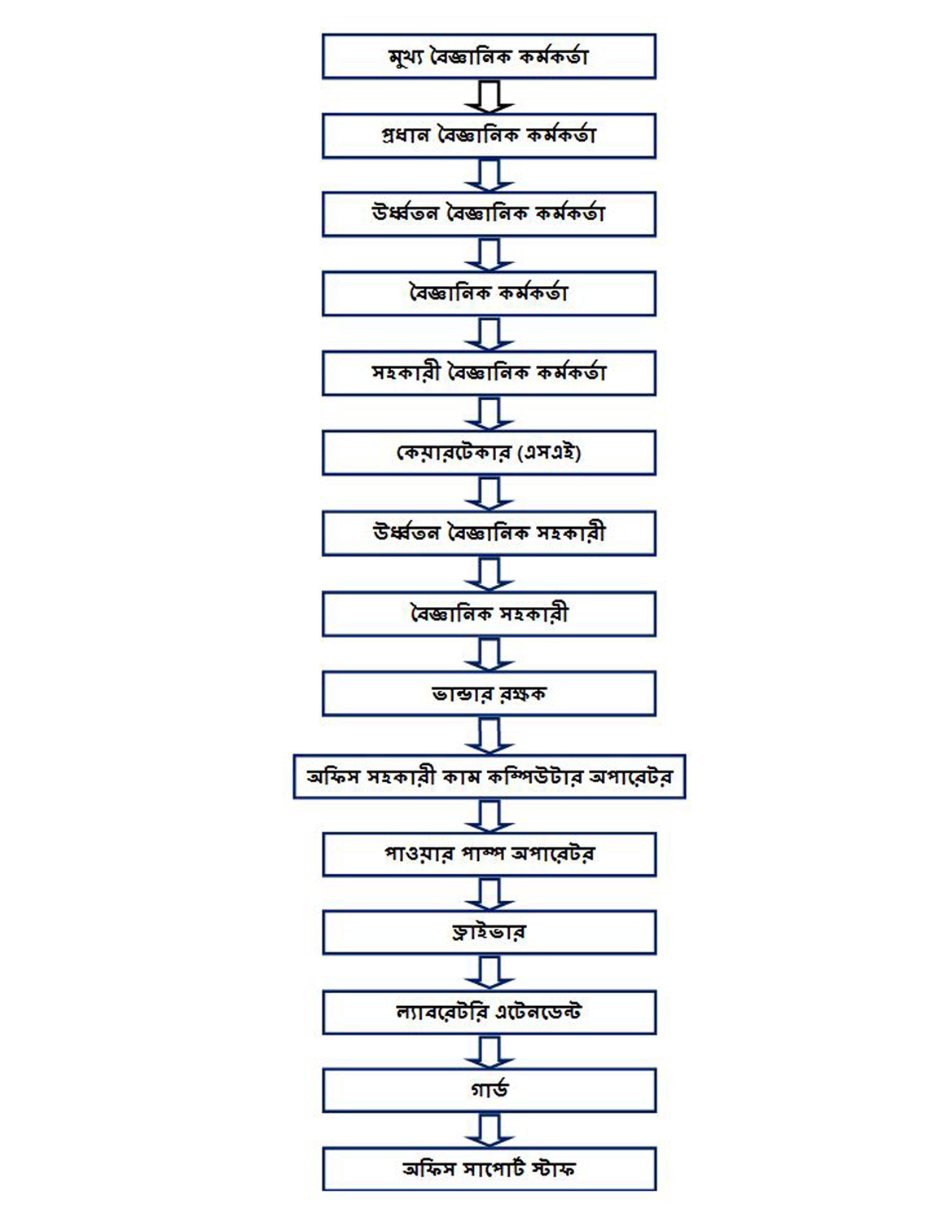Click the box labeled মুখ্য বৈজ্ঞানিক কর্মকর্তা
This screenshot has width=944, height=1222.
click(x=489, y=56)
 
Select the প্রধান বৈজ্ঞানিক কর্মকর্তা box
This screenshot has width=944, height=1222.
click(x=489, y=135)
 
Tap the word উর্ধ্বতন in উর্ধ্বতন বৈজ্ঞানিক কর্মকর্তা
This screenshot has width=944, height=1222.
click(x=405, y=213)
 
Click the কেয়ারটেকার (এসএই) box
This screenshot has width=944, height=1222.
click(x=489, y=453)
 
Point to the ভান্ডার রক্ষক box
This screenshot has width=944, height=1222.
click(x=489, y=693)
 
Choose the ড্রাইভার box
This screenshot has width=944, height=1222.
click(x=490, y=933)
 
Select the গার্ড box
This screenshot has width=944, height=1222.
click(x=490, y=1090)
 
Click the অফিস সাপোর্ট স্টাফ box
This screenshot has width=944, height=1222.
click(x=490, y=1169)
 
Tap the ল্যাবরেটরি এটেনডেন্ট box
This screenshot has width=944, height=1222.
click(x=490, y=1013)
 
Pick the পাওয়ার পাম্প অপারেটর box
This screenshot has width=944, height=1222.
click(x=490, y=854)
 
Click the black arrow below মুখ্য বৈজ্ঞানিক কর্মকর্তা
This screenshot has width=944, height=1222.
click(x=490, y=97)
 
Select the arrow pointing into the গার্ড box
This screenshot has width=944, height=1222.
click(x=490, y=1053)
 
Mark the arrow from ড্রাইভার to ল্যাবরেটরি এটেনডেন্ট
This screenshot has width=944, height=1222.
click(x=490, y=973)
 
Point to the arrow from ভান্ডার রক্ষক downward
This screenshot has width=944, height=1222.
click(x=490, y=735)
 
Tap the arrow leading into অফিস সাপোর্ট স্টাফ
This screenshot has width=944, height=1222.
click(x=490, y=1131)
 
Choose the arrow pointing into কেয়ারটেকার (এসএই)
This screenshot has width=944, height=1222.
click(x=490, y=414)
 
